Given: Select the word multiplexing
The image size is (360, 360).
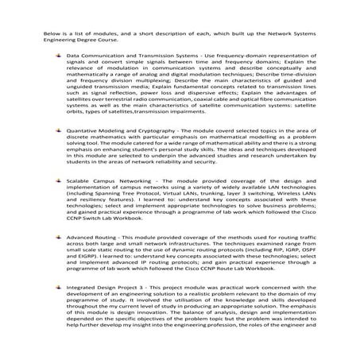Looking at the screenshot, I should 158,101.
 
